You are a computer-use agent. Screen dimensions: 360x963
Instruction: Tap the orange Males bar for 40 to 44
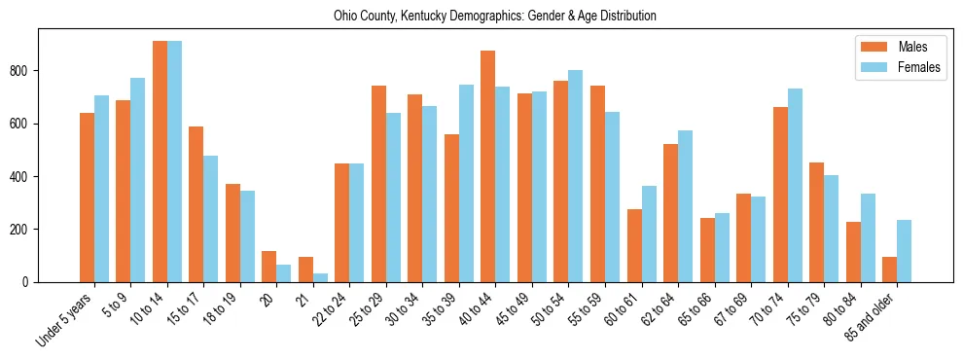coord(488,166)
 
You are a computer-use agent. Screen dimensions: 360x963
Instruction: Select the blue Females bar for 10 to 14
coord(174,162)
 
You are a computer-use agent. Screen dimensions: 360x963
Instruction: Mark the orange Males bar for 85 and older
coord(889,270)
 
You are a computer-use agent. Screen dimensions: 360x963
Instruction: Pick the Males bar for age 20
coord(269,267)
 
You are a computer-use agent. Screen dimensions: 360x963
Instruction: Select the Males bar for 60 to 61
coord(634,246)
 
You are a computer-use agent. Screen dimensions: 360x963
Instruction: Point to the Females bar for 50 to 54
coord(576,176)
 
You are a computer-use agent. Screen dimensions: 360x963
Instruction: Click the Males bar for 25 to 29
coord(378,184)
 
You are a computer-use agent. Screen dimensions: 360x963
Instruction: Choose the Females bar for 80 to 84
coord(868,238)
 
